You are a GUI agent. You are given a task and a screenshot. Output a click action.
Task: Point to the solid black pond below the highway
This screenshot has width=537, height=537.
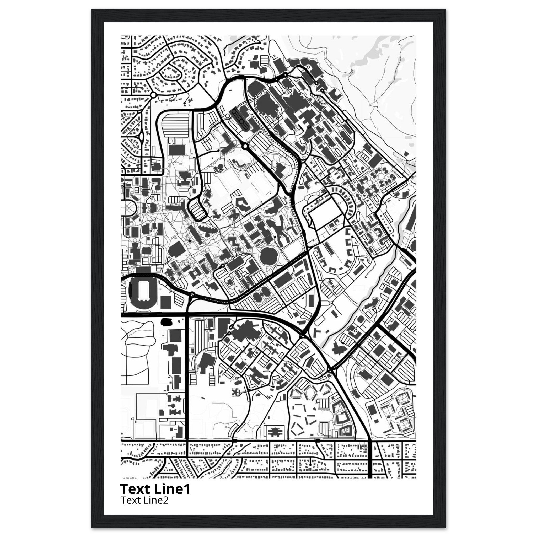[x=167, y=322]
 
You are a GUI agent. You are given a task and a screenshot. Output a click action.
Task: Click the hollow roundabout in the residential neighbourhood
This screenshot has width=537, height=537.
[x=153, y=95]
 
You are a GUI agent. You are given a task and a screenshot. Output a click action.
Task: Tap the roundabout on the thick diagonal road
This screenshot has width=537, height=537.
[x=245, y=146]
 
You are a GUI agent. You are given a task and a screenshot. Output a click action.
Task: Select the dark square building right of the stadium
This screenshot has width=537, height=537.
[x=166, y=302]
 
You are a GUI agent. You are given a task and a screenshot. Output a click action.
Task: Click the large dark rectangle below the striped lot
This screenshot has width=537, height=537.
[x=177, y=150]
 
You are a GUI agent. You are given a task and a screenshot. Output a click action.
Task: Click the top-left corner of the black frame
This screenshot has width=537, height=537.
[x=92, y=9]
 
